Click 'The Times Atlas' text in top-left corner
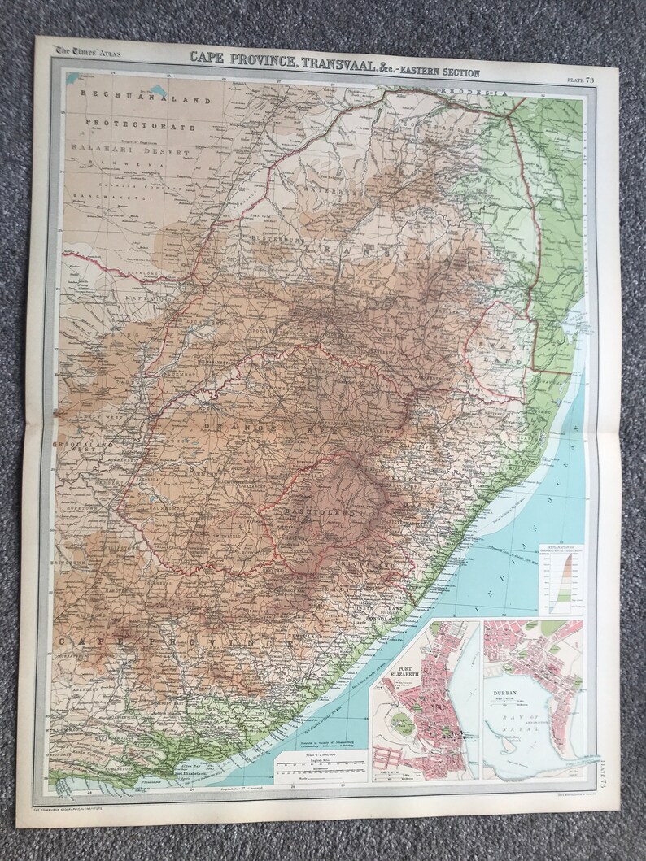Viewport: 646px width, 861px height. click(x=85, y=53)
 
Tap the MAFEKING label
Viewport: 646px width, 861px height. click(x=143, y=299)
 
